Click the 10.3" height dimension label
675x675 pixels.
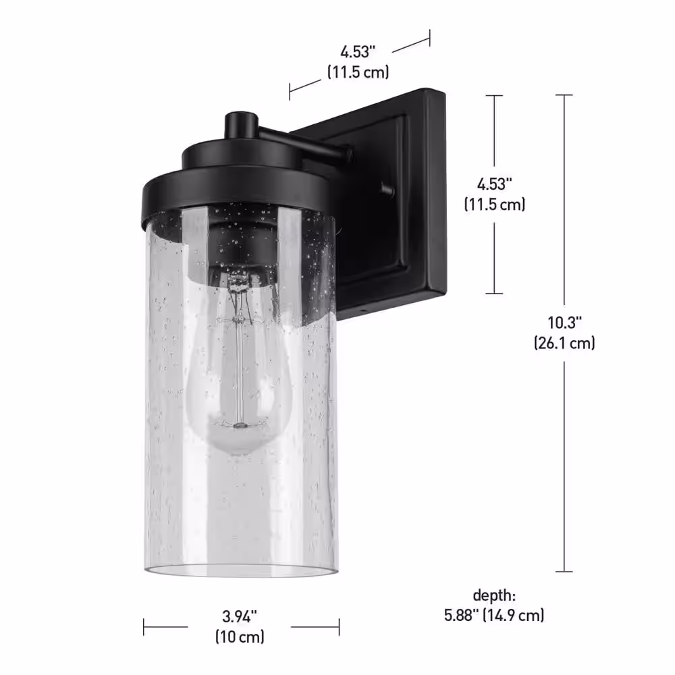tap(564, 322)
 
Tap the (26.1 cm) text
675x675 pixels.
tap(564, 343)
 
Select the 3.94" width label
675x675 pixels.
tap(240, 616)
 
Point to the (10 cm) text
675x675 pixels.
tap(240, 637)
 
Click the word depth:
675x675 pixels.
tap(494, 595)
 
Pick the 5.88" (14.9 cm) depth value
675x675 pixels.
tap(494, 615)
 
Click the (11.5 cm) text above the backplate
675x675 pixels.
tap(358, 72)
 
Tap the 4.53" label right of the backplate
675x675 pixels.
tap(494, 184)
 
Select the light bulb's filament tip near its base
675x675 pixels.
tap(240, 425)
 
